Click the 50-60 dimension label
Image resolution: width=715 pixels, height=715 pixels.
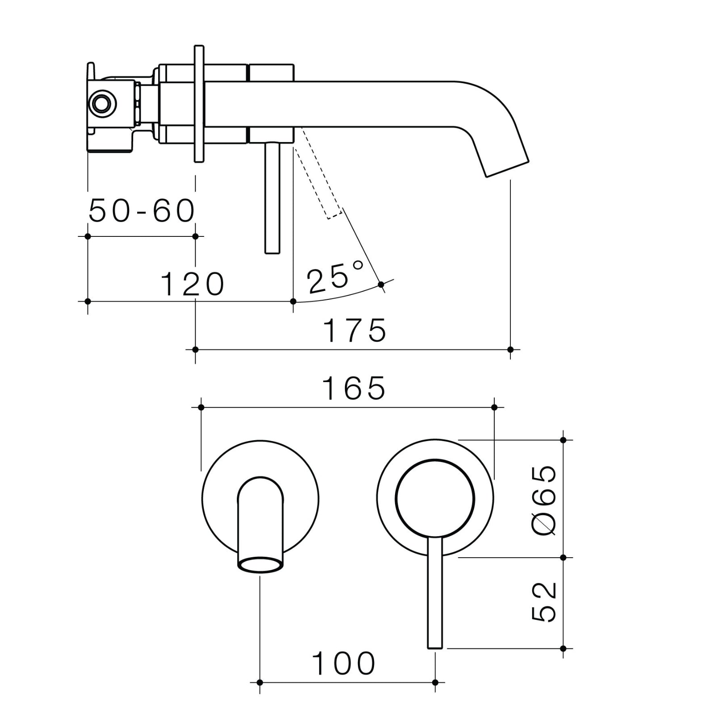142,211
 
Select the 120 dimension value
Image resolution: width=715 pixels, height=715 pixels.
192,284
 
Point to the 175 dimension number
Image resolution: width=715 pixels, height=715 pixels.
354,331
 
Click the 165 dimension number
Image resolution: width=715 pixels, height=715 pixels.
353,388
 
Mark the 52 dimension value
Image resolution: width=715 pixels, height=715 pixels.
545,602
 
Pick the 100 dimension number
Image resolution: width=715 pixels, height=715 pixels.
343,663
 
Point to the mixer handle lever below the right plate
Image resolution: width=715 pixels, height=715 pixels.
434,594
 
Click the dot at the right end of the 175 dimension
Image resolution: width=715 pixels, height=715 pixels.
511,349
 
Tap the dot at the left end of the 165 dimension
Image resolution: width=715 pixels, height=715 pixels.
201,407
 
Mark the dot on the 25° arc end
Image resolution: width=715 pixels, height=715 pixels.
381,284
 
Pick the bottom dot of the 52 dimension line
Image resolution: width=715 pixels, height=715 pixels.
563,648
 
